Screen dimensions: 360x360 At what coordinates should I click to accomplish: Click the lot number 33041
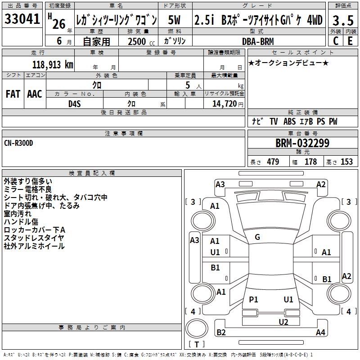[x=22, y=19]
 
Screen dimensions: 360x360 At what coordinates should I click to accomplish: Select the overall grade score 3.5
[x=343, y=20]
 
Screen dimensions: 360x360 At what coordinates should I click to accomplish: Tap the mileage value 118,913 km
[x=53, y=65]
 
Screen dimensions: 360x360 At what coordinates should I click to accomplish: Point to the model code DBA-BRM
[x=258, y=41]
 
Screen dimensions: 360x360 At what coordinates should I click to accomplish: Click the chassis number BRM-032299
[x=302, y=143]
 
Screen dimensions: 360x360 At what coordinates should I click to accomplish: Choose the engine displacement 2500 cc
[x=141, y=41]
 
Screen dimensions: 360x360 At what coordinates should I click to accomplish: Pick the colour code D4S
[x=75, y=104]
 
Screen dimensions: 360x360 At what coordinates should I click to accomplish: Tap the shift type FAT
[x=13, y=94]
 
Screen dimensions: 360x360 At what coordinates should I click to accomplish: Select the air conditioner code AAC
[x=35, y=94]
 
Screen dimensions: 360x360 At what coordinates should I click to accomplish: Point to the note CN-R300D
[x=18, y=143]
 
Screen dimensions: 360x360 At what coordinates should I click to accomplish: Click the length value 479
[x=273, y=162]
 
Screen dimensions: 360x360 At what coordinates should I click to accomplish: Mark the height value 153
[x=346, y=162]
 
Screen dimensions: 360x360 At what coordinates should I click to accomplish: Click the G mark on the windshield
[x=257, y=237]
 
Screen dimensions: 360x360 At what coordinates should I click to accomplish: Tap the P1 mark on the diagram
[x=253, y=299]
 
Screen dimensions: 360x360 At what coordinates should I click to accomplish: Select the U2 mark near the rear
[x=283, y=322]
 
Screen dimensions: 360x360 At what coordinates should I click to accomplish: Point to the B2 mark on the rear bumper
[x=221, y=332]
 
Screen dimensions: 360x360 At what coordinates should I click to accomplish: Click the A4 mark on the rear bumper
[x=320, y=332]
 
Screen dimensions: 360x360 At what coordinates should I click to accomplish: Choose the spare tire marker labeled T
[x=197, y=344]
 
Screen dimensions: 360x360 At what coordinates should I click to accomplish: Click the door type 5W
[x=174, y=20]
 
